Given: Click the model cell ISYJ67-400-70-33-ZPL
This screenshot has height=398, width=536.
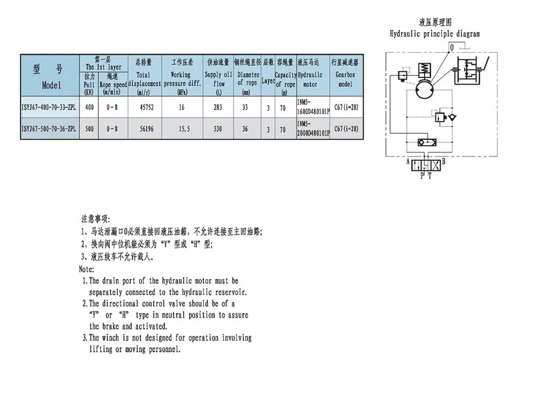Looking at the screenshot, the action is click(x=49, y=108).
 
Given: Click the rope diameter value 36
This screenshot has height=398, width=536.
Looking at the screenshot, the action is click(x=246, y=129).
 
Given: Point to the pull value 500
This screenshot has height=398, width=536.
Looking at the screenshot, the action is click(x=90, y=129).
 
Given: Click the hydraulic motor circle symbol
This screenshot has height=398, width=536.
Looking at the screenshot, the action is click(x=428, y=86).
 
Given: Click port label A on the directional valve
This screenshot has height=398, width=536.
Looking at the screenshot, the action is click(x=408, y=160).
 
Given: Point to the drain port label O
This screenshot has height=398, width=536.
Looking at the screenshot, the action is click(x=452, y=48).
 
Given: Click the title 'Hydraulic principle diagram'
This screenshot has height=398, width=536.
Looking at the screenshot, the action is click(x=435, y=34).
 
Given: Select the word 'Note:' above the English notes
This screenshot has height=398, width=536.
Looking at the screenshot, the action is click(x=87, y=269).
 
